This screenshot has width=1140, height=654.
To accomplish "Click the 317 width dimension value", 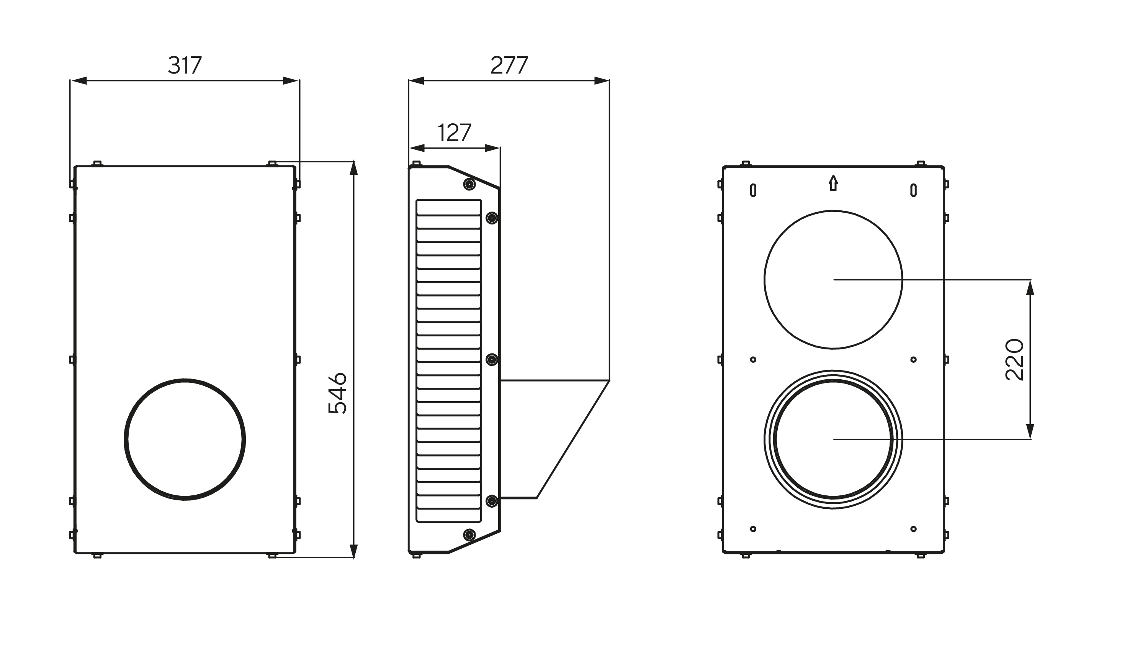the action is [185, 65].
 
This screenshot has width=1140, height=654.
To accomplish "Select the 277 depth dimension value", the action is [509, 65].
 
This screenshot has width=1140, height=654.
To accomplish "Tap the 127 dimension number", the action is [454, 133].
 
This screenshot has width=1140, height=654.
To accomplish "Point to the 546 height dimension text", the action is [337, 393].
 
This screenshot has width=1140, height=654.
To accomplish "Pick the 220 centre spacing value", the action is [1014, 360].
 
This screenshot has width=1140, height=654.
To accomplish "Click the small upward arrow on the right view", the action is [833, 183].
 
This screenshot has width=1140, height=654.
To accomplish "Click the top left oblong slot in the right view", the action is [753, 190].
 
